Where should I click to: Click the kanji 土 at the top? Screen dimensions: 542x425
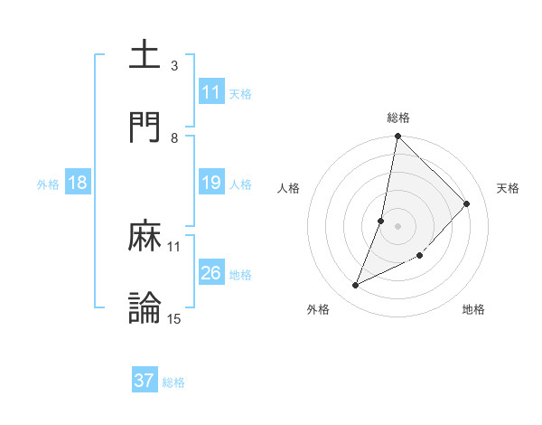pos(145,54)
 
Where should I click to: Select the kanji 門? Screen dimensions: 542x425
pos(145,127)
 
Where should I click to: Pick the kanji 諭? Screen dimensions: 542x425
pos(145,307)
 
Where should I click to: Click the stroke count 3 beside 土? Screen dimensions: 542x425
pos(174,66)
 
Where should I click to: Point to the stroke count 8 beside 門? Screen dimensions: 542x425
pos(174,138)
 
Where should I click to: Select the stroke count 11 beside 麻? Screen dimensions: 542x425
pos(174,246)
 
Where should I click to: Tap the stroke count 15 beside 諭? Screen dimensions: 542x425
pos(174,318)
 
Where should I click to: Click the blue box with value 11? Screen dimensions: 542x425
pos(211,92)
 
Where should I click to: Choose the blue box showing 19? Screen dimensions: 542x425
pos(211,184)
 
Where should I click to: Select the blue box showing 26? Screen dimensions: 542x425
pos(211,273)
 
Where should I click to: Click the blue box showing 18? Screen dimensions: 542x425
pos(78,184)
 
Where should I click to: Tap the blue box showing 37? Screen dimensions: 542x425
pos(145,382)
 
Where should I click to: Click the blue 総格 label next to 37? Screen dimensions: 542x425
pos(173,382)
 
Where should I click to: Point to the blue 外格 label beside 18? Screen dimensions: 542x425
pos(48,184)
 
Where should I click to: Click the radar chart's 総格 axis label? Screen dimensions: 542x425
pos(398,118)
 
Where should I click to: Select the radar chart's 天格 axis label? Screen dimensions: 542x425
pos(508,188)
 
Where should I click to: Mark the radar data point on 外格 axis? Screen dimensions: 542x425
pos(356,286)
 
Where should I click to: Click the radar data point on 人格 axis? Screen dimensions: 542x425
pos(381,221)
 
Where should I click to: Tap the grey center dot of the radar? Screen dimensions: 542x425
pos(398,226)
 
